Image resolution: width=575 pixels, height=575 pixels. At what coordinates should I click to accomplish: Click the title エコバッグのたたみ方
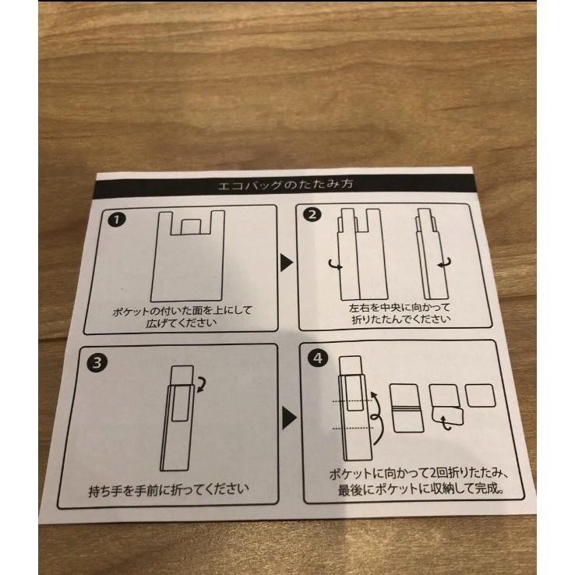[x=286, y=184]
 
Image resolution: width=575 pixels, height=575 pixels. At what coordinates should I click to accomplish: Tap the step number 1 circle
[x=117, y=220]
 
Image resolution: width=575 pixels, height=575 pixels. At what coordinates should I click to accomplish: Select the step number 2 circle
[x=312, y=214]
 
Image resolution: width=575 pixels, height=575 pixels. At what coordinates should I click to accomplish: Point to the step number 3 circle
[x=97, y=362]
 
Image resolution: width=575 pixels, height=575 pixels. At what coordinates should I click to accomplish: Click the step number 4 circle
[x=318, y=358]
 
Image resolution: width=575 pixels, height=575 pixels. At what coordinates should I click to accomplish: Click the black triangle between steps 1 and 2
[x=287, y=263]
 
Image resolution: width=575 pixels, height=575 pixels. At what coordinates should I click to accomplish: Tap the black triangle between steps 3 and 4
[x=289, y=418]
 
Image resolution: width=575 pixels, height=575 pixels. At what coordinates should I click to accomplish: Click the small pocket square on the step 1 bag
[x=191, y=227]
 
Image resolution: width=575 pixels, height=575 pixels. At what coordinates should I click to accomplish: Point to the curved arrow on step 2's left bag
[x=335, y=264]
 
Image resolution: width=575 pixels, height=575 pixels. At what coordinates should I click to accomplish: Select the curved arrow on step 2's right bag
[x=444, y=263]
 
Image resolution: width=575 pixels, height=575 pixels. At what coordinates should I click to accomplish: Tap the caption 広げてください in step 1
[x=182, y=323]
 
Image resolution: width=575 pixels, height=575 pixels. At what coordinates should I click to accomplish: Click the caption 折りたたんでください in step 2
[x=401, y=319]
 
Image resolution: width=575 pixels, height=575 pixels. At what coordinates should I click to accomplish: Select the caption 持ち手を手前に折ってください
[x=169, y=490]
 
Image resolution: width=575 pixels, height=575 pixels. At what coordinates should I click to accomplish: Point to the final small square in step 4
[x=481, y=395]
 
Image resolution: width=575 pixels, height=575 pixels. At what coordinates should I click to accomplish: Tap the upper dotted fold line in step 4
[x=352, y=400]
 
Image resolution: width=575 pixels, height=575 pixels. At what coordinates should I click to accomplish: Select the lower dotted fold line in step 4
[x=352, y=428]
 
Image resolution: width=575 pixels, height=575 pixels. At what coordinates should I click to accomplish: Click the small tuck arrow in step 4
[x=445, y=423]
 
